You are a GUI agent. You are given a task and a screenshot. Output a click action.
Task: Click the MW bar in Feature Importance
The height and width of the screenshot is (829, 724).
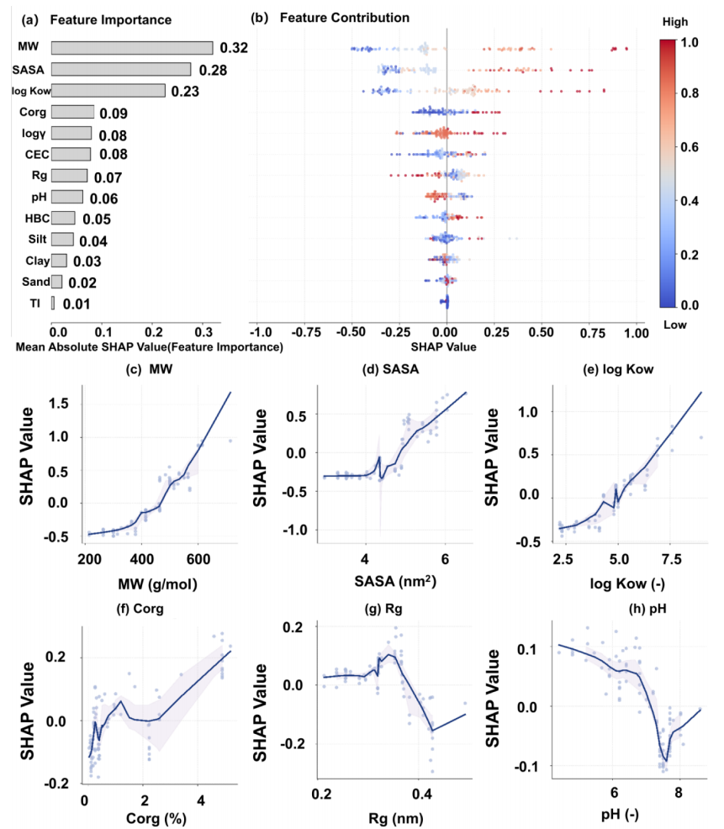(x=132, y=48)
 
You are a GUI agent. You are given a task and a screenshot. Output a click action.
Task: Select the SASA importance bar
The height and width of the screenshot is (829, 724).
(x=121, y=69)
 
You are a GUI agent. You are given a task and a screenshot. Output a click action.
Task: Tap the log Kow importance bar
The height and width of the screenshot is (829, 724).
(x=108, y=90)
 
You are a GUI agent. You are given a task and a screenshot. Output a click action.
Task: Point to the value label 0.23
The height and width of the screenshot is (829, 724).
(x=184, y=92)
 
